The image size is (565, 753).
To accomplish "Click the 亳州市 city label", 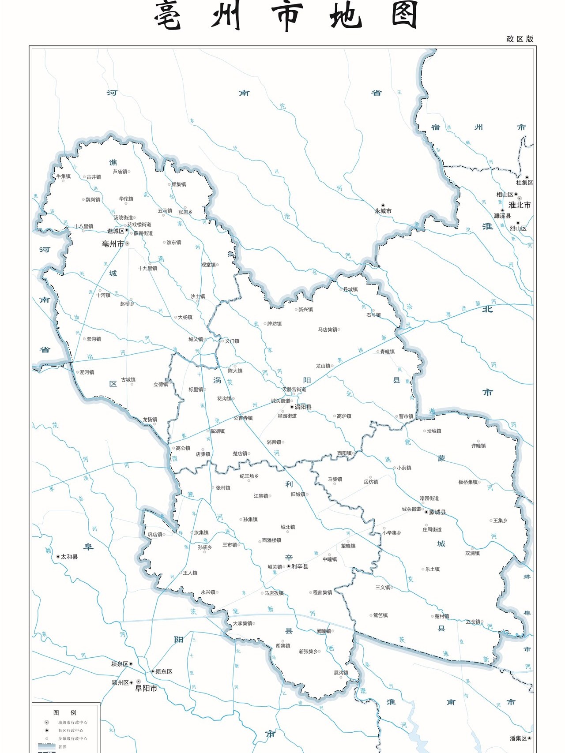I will [x=113, y=244].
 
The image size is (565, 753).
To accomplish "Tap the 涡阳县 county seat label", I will [x=303, y=407].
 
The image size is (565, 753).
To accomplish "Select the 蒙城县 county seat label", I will [x=437, y=512].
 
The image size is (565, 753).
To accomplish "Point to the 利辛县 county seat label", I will [x=300, y=566].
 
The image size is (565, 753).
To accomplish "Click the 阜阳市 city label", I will [x=146, y=688].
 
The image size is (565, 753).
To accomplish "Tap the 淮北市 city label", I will [x=520, y=205].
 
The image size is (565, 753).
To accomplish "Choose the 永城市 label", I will [x=383, y=211].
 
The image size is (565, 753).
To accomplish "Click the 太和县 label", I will [x=69, y=557].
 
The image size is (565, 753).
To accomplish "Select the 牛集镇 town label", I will [x=64, y=176].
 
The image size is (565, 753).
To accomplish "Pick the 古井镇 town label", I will [x=94, y=177].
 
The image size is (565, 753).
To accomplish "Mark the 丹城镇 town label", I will [x=350, y=289].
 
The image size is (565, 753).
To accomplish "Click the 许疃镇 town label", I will [x=478, y=446].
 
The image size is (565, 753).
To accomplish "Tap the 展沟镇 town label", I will [x=341, y=673].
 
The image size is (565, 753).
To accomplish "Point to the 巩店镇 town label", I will [x=155, y=534].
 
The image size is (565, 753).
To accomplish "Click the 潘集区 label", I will [x=518, y=738].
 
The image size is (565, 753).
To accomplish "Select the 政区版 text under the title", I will [x=520, y=39].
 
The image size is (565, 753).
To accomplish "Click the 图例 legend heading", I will [x=65, y=712].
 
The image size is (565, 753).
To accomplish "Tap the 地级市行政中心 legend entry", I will [x=72, y=723].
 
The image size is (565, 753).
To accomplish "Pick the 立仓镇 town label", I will [x=473, y=622].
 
